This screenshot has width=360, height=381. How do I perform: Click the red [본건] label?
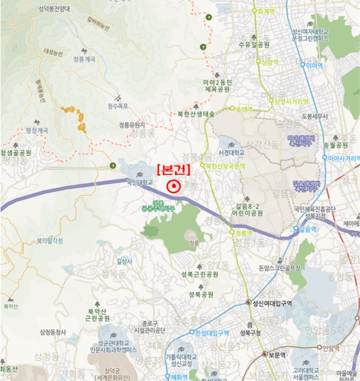173,169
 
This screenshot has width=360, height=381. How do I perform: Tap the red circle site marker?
173,187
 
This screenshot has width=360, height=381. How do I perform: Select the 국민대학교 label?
140,182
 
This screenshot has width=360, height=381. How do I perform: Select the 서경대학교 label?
232,153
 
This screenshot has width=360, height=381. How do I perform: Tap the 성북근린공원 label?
201,275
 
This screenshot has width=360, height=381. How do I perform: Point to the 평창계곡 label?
37,131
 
